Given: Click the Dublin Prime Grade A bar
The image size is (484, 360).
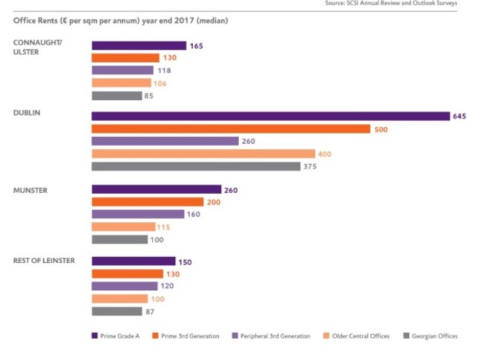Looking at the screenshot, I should coord(270,116).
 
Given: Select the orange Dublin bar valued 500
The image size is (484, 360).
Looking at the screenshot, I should coord(231,129).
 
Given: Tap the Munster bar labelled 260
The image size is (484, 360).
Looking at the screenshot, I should coord(156,189).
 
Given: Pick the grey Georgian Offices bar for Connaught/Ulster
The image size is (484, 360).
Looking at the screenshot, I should coord(116,95).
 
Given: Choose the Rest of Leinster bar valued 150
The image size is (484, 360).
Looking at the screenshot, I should coord(133,261).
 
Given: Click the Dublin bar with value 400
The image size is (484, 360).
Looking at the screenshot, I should coord(203,154).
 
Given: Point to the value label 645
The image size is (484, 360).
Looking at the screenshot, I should coord(459,116).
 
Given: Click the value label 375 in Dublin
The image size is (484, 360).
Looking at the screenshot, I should coord(311,166).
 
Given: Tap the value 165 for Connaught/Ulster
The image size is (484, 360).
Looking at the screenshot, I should coord(197,46).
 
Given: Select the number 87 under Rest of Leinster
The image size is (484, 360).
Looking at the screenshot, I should coord(150,312).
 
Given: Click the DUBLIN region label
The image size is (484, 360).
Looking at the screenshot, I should coord(26,113).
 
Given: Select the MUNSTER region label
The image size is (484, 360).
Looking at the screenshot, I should coord(30,190).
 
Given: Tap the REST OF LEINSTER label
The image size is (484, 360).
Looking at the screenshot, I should coord(42,261).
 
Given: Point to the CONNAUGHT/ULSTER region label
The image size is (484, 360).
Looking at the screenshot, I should coord(37,47).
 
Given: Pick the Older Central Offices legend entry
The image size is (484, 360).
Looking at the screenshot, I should coord(357,336).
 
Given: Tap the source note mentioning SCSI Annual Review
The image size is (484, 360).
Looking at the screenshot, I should coord(402,4).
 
